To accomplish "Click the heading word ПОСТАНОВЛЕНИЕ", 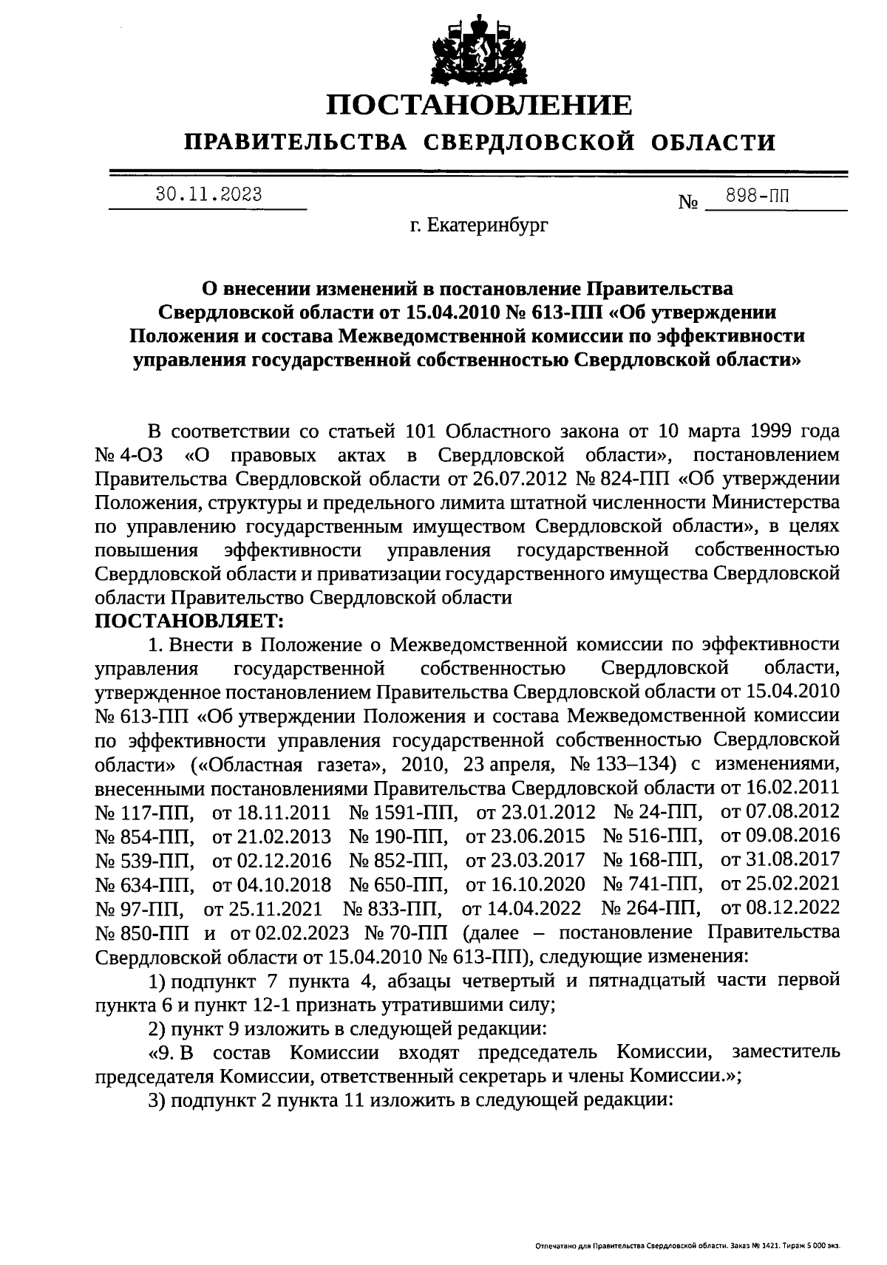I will click(479, 105).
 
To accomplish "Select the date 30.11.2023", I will click(208, 195).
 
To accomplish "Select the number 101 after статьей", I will click(425, 432).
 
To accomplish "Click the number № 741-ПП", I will click(653, 884).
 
